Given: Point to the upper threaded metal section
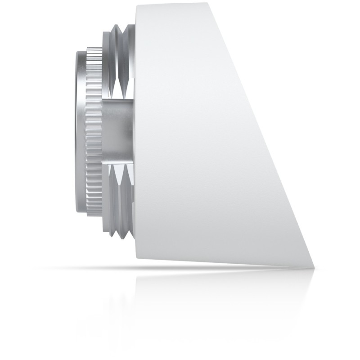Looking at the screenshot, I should (x=121, y=63).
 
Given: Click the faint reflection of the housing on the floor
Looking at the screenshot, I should (x=202, y=297).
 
